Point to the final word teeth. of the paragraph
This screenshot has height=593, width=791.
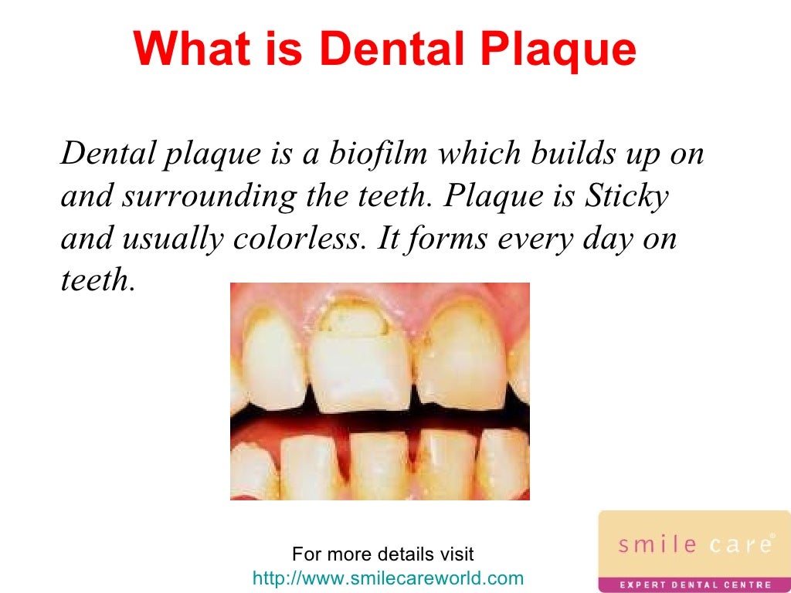pos(98,280)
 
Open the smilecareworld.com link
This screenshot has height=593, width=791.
pos(388,578)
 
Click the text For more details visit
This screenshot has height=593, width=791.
pos(383,554)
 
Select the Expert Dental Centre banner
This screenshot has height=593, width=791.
pos(694,584)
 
